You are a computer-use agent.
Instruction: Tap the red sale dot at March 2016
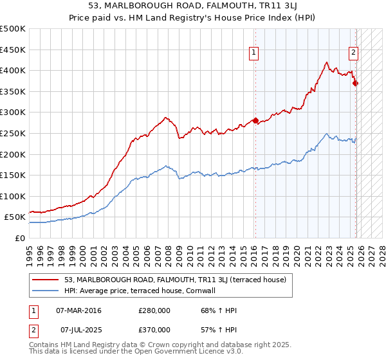click(255, 120)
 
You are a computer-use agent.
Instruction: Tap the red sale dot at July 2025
click(356, 83)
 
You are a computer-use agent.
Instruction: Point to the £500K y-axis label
click(13, 29)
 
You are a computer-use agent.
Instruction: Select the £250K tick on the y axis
click(13, 133)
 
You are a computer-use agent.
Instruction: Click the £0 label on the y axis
click(19, 238)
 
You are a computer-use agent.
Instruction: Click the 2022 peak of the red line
click(327, 62)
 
